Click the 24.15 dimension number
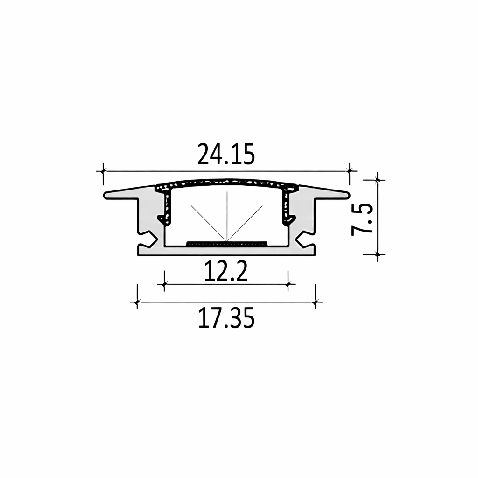point(226,155)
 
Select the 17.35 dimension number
point(226,318)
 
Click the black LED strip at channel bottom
point(226,243)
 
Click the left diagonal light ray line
point(208,223)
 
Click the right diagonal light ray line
point(245,223)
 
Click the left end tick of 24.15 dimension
point(103,170)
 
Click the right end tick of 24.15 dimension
point(349,170)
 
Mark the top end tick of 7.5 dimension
point(378,179)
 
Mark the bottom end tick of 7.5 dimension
point(378,254)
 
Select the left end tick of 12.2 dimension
point(164,283)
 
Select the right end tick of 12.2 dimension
point(288,283)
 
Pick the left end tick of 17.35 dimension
point(137,302)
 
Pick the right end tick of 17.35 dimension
point(316,302)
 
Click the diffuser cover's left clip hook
point(162,217)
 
